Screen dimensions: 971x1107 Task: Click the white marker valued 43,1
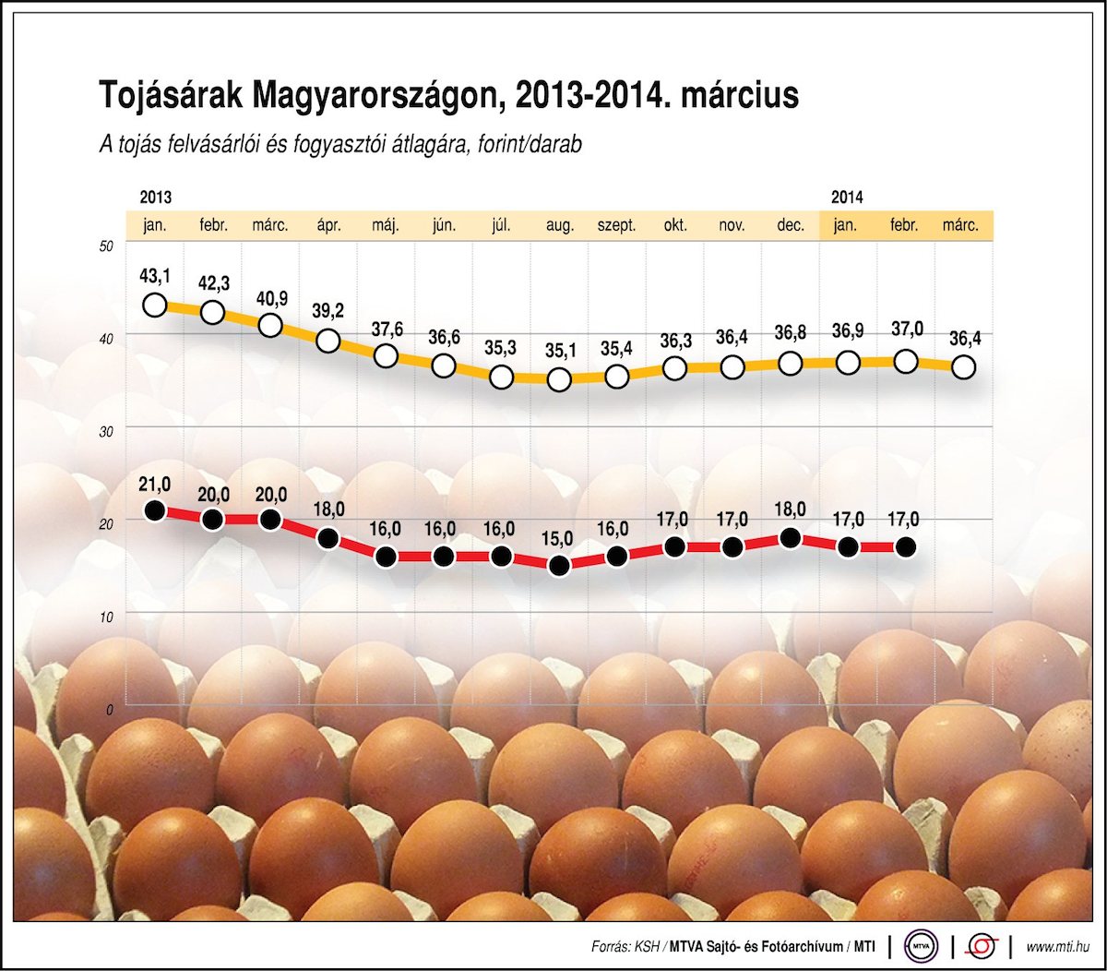pos(155,305)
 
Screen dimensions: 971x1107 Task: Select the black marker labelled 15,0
pos(559,566)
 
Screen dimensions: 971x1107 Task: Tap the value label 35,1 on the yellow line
pos(559,351)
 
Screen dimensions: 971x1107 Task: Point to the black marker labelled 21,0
pos(155,510)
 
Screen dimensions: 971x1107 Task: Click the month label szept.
pos(616,225)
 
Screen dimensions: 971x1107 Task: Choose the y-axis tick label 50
pos(106,246)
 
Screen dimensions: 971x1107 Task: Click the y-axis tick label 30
pos(106,430)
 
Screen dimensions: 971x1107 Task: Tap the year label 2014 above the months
pos(846,198)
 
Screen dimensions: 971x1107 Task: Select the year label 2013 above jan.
pos(155,198)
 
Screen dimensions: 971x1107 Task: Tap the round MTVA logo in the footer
pos(920,946)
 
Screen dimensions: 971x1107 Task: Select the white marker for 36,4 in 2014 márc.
pos(963,366)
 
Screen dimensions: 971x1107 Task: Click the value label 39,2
pos(327,311)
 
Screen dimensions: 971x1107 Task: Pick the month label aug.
pos(559,225)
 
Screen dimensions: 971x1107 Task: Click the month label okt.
pos(674,225)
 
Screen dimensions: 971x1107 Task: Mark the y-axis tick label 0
pos(109,710)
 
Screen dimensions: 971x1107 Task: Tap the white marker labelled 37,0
pos(906,361)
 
